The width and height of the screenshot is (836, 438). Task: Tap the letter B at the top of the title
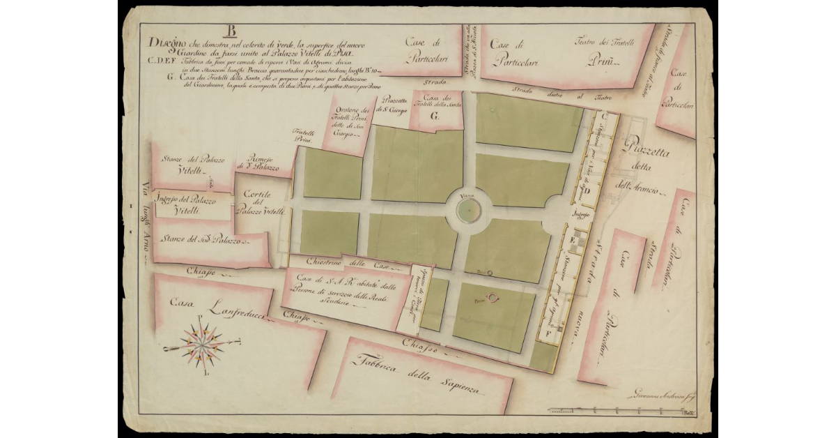tap(231, 31)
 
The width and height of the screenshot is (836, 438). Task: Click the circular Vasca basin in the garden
tap(467, 209)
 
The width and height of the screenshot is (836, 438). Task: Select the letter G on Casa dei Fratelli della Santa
tap(434, 117)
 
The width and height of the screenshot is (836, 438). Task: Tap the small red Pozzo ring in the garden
tap(494, 299)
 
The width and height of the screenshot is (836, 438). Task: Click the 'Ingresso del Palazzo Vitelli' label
tap(185, 204)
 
